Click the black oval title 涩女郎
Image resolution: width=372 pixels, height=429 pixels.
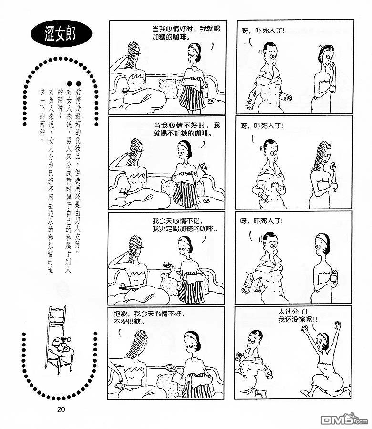pos(61,33)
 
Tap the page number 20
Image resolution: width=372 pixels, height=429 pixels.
pos(61,409)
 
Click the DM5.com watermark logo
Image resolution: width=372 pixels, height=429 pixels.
pos(344,419)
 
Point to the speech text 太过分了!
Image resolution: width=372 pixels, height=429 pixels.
pos(293,312)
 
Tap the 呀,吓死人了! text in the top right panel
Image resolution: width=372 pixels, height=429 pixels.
pos(263,31)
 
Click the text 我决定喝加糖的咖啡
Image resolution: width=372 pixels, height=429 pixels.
pos(185,229)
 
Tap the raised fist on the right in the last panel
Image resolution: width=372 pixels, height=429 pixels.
pos(338,325)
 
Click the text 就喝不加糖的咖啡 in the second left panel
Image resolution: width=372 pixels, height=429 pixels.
pos(183,133)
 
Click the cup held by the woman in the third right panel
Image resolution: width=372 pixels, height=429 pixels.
pos(333,277)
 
